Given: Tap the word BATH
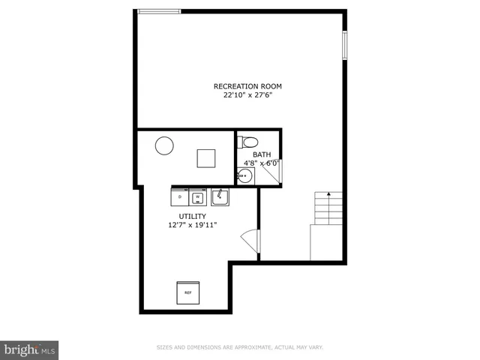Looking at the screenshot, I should pos(261,155).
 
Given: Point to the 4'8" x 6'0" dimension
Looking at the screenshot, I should pos(261,163).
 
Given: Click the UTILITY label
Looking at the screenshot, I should pos(192,216).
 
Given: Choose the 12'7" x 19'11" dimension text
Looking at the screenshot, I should pos(192,224).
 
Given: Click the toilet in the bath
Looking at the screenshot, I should pos(250,142).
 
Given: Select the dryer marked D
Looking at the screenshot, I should pos(180,196).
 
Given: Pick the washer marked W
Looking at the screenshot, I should pos(198,196).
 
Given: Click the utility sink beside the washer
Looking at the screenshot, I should pos(219,196).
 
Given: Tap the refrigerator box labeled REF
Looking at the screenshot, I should pos(188,292).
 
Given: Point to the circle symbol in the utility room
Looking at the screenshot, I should pos(164,145).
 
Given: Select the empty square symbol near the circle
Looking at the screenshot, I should pos(206,157).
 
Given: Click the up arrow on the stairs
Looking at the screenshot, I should pos(328,196).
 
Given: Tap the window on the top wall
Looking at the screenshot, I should pos(160,11).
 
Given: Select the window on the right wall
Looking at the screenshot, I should pos(345,45).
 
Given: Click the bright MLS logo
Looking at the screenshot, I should pos(30,349).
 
